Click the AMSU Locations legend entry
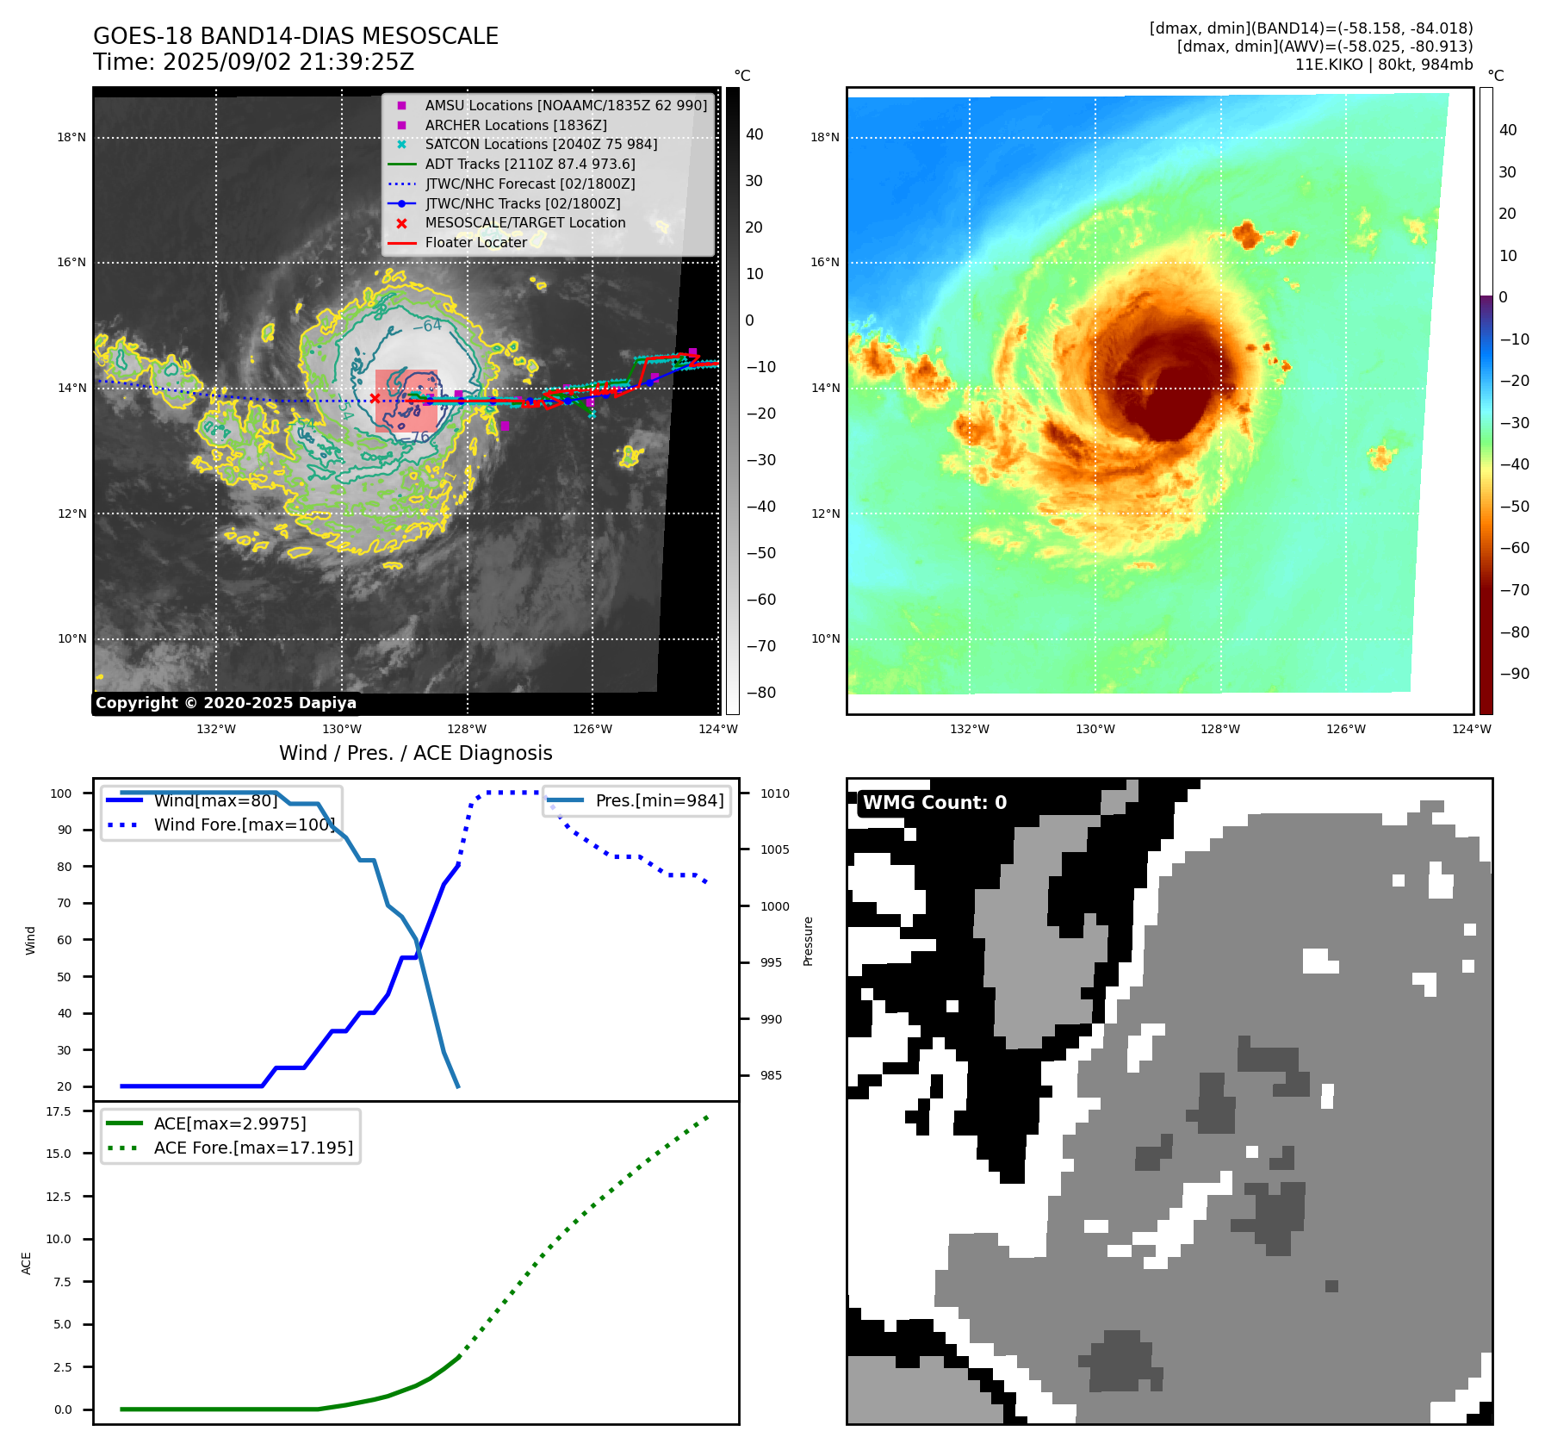click(x=565, y=105)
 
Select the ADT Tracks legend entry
click(x=530, y=164)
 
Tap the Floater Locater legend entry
click(x=475, y=242)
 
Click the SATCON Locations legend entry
click(x=541, y=144)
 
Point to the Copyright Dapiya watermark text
click(x=226, y=703)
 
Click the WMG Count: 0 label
click(x=934, y=803)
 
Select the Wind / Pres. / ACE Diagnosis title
click(x=416, y=753)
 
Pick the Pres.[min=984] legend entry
click(x=659, y=800)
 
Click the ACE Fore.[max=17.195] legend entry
click(x=253, y=1148)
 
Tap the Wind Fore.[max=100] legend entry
click(x=244, y=824)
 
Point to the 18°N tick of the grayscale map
click(x=71, y=138)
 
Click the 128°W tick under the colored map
click(x=1220, y=729)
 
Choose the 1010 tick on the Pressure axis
click(x=774, y=793)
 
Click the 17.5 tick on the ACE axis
click(x=59, y=1111)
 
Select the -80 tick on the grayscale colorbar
click(x=760, y=693)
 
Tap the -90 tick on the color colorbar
click(x=1514, y=674)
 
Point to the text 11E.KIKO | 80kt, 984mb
click(x=1383, y=65)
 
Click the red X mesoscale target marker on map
click(x=375, y=398)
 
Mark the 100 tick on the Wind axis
click(x=61, y=793)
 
